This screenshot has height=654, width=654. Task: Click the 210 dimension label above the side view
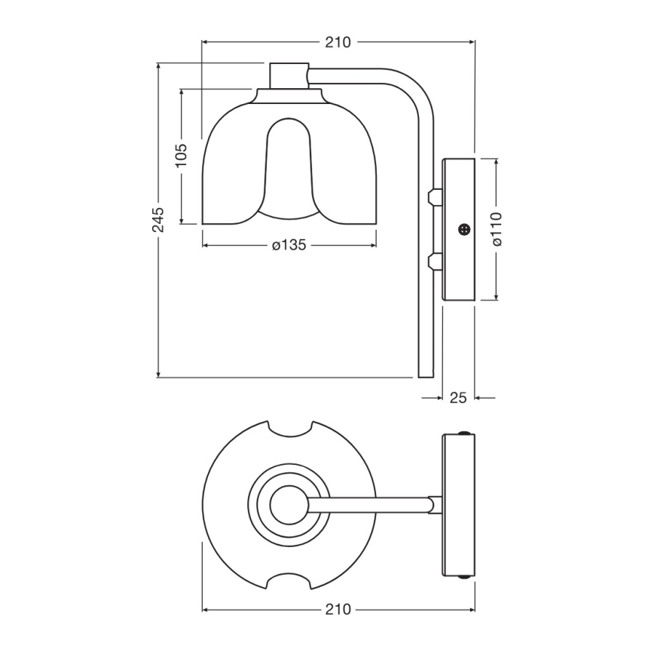pos(338,42)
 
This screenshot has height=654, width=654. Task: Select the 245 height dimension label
pos(157,219)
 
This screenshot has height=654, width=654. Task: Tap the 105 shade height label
pos(181,157)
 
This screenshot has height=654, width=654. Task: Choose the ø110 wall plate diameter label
pos(496,229)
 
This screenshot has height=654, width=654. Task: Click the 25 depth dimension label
pos(458,397)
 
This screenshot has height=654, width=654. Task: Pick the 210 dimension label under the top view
pos(338,609)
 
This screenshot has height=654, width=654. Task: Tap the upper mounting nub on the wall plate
pos(432,197)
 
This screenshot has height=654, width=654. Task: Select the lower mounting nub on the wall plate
pos(432,261)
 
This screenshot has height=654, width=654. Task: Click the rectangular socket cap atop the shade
pos(289,75)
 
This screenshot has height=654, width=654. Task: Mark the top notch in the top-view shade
pos(290,427)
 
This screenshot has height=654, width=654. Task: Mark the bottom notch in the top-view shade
pos(290,581)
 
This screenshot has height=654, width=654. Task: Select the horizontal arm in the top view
pos(369,504)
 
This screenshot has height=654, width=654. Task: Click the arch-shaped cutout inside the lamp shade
pos(289,162)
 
